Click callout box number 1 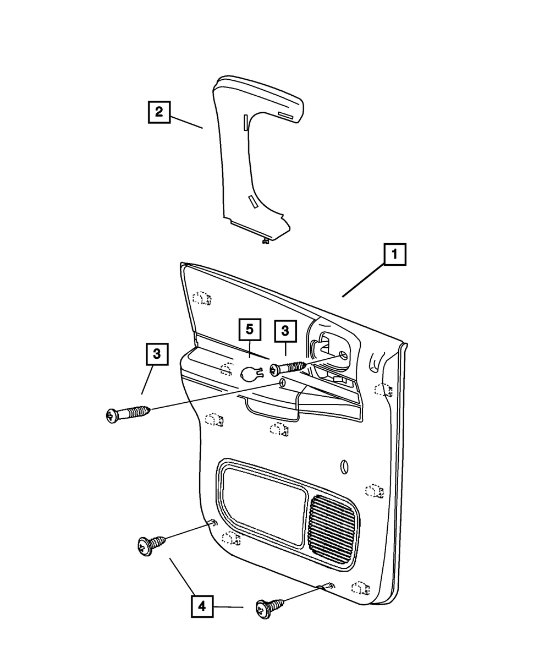[394, 254]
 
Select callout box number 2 [159, 112]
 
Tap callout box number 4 [202, 606]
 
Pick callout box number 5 [250, 329]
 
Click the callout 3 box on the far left [157, 354]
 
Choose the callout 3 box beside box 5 [285, 331]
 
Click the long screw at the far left [128, 414]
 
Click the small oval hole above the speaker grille [344, 467]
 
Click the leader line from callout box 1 [363, 280]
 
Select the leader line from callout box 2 [186, 123]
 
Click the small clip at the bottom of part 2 [265, 241]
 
